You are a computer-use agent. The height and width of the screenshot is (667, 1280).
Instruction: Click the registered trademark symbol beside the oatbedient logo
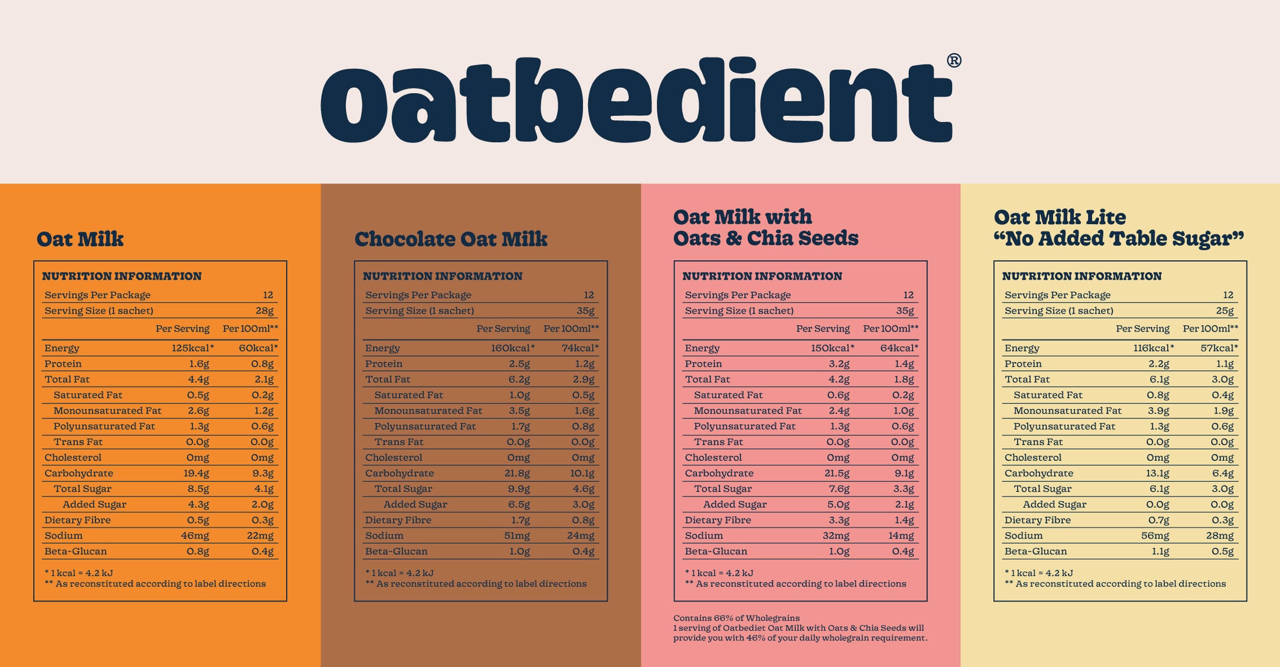click(954, 61)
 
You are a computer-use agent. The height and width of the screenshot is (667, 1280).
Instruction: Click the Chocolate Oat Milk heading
click(451, 239)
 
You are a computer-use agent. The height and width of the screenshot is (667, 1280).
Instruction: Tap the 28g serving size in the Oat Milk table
click(264, 311)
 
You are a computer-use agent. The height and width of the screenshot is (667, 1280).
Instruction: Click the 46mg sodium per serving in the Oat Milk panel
click(195, 535)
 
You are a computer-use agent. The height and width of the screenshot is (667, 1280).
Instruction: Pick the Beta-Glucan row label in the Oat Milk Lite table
click(1036, 551)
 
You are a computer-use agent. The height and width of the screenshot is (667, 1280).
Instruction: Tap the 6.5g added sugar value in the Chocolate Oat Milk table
click(519, 505)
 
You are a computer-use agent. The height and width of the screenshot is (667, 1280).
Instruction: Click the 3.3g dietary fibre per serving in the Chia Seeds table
click(838, 520)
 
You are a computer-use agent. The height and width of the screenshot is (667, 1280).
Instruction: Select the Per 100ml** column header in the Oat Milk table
click(250, 329)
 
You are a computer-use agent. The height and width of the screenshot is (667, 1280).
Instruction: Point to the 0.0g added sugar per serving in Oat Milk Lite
click(1157, 505)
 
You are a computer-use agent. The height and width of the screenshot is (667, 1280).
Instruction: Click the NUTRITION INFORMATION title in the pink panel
click(762, 276)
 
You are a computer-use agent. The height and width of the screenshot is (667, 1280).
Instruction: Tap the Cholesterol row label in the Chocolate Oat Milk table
click(394, 457)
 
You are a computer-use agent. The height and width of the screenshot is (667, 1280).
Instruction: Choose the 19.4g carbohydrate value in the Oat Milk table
click(196, 473)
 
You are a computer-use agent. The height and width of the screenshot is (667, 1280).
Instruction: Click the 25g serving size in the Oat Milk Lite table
click(1225, 311)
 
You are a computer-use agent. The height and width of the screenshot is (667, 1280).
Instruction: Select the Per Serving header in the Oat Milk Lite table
click(1142, 329)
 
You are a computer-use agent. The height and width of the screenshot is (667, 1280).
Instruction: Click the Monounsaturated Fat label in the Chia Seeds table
click(748, 411)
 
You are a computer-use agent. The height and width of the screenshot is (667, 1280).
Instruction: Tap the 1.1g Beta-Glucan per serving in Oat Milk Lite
click(1160, 551)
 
